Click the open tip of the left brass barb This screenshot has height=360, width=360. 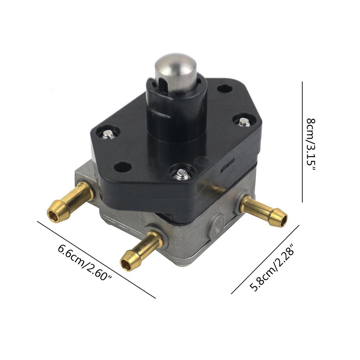(52, 216)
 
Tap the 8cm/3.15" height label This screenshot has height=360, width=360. (311, 144)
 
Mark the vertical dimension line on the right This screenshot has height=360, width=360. (302, 142)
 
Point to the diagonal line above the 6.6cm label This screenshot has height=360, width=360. (96, 260)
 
